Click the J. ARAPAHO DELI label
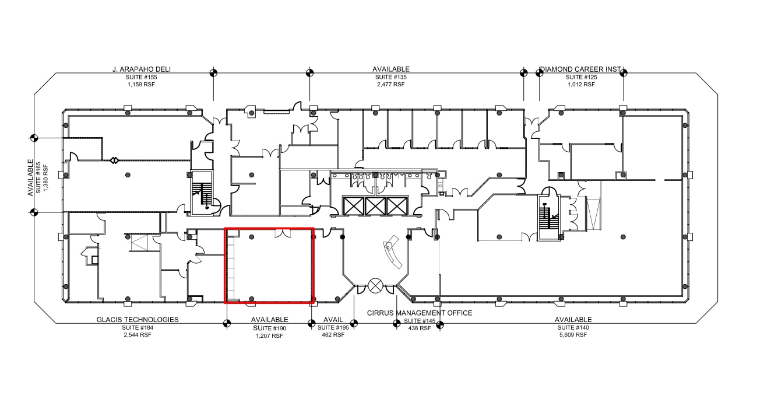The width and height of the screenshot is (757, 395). tap(142, 69)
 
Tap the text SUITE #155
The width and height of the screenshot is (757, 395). tap(142, 77)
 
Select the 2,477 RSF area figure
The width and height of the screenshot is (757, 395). tap(390, 85)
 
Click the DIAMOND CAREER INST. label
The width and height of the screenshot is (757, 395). tap(581, 69)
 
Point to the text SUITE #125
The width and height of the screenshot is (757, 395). tap(581, 77)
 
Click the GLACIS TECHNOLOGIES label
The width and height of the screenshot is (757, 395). tap(138, 320)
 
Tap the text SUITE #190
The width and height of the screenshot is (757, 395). tap(269, 328)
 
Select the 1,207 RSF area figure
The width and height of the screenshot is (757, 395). tap(269, 336)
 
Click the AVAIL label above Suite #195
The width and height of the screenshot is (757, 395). tap(333, 320)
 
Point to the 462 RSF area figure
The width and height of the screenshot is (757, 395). tap(333, 335)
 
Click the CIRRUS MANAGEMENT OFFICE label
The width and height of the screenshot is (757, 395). tap(420, 313)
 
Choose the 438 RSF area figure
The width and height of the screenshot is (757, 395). tap(420, 328)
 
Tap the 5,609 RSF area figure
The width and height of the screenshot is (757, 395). tap(573, 335)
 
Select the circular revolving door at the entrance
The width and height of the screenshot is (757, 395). tap(375, 286)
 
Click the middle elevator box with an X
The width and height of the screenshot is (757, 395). tap(375, 206)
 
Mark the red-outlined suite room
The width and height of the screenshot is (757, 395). tap(269, 265)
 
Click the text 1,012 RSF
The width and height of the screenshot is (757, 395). tap(581, 85)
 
